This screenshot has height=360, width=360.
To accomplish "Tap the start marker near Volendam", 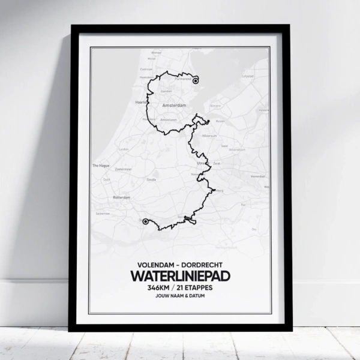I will [x=196, y=80].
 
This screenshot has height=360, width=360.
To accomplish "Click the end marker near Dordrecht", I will [x=146, y=221].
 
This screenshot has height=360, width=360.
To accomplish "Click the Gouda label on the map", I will [x=152, y=179].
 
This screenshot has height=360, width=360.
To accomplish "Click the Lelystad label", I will [x=247, y=77].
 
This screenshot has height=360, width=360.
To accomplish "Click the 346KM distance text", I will [x=159, y=289].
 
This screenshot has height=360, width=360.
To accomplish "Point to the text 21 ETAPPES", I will [x=194, y=289].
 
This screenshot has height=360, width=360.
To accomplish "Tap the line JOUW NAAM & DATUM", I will [x=179, y=299].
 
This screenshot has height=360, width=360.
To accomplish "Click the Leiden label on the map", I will [x=125, y=149].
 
